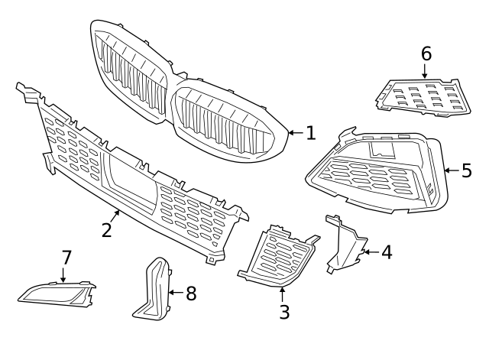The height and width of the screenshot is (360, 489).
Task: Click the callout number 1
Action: pos(310,133)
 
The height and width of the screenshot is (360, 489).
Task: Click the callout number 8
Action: pos(190,292)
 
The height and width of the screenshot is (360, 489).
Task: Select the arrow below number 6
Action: pos(426,72)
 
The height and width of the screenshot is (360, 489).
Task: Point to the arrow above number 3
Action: pos(282,292)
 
